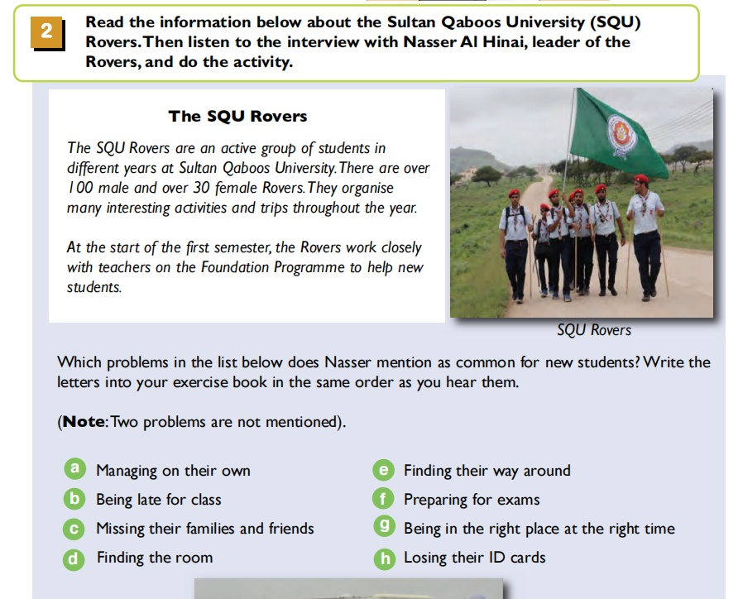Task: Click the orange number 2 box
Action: [x=47, y=33]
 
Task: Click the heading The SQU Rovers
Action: [x=237, y=116]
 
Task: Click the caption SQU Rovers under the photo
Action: [x=594, y=330]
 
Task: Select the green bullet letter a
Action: [x=74, y=468]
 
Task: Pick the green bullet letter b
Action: [x=74, y=499]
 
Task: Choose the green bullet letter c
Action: [x=74, y=529]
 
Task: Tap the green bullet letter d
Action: [x=74, y=559]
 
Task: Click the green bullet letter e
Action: [x=384, y=470]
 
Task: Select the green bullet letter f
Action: [x=383, y=499]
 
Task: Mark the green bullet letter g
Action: [x=384, y=526]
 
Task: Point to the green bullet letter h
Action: [x=385, y=559]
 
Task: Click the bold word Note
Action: [x=84, y=421]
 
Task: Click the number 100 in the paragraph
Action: [x=80, y=188]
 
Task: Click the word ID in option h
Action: [x=497, y=558]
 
